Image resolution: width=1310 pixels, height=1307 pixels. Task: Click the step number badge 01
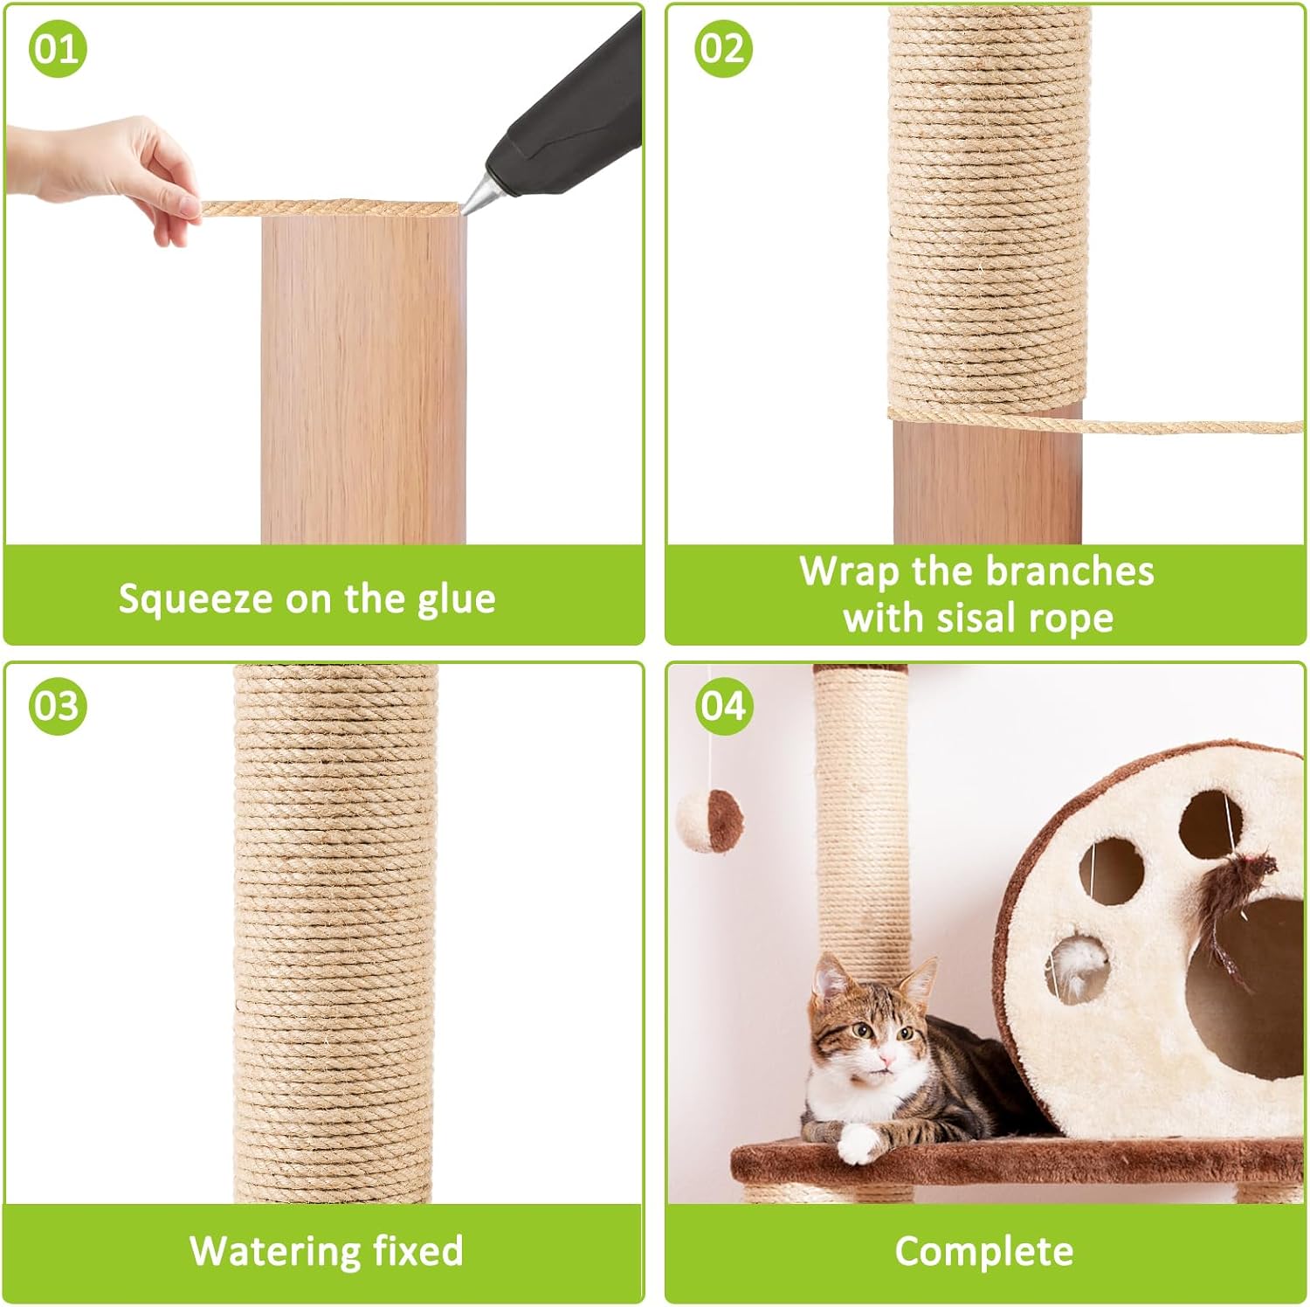tap(58, 48)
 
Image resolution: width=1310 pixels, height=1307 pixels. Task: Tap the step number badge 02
tap(723, 48)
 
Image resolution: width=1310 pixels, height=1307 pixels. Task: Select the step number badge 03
tap(58, 705)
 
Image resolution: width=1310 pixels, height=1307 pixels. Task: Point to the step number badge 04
tap(723, 705)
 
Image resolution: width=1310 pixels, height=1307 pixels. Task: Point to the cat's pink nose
tap(887, 1062)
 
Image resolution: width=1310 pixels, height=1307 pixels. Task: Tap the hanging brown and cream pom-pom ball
tap(710, 819)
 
